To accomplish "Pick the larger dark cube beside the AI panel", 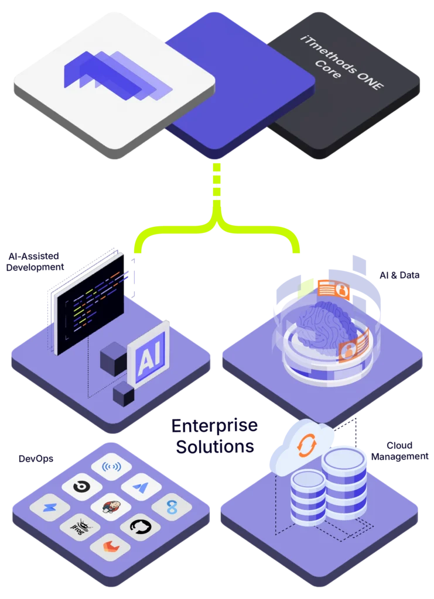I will (112, 359).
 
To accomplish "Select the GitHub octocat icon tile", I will (141, 525).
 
